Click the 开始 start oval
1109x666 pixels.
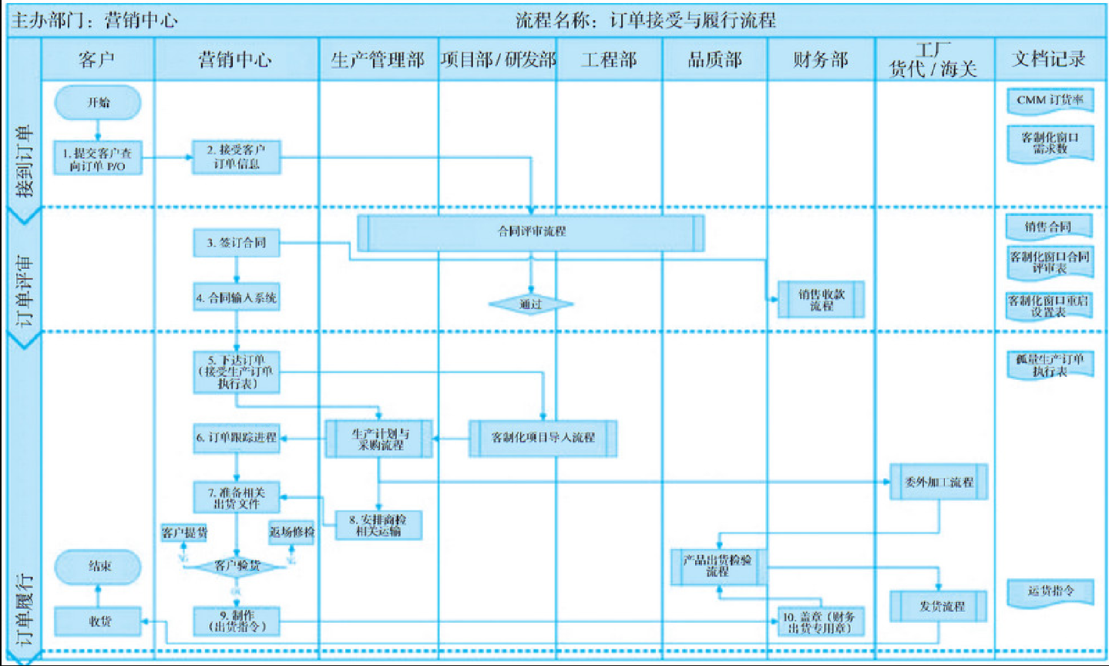[98, 103]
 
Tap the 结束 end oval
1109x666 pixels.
[98, 567]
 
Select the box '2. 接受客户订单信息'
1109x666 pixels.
[236, 156]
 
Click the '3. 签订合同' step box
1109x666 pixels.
[236, 243]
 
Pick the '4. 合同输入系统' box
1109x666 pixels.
[236, 298]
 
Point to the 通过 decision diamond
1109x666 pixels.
[530, 304]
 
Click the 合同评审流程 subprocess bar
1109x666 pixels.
[530, 231]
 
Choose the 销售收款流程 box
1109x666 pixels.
[821, 300]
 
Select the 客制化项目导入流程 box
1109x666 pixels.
[543, 438]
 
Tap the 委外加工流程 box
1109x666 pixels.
[938, 483]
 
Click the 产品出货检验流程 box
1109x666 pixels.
[717, 567]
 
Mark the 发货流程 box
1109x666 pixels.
[939, 607]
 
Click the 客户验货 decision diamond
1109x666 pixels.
[237, 567]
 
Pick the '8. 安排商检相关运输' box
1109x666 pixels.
[378, 525]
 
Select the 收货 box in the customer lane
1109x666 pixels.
[98, 621]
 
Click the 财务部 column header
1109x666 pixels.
[820, 60]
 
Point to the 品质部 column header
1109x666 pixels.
[714, 60]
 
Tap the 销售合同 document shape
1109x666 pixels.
[1049, 227]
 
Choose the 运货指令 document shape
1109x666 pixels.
[1050, 592]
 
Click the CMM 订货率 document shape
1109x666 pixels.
[1050, 100]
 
